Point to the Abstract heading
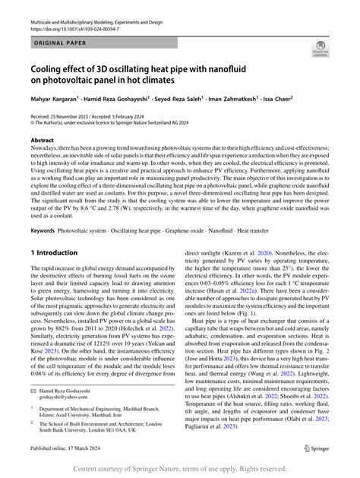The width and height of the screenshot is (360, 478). pyautogui.click(x=42, y=141)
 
